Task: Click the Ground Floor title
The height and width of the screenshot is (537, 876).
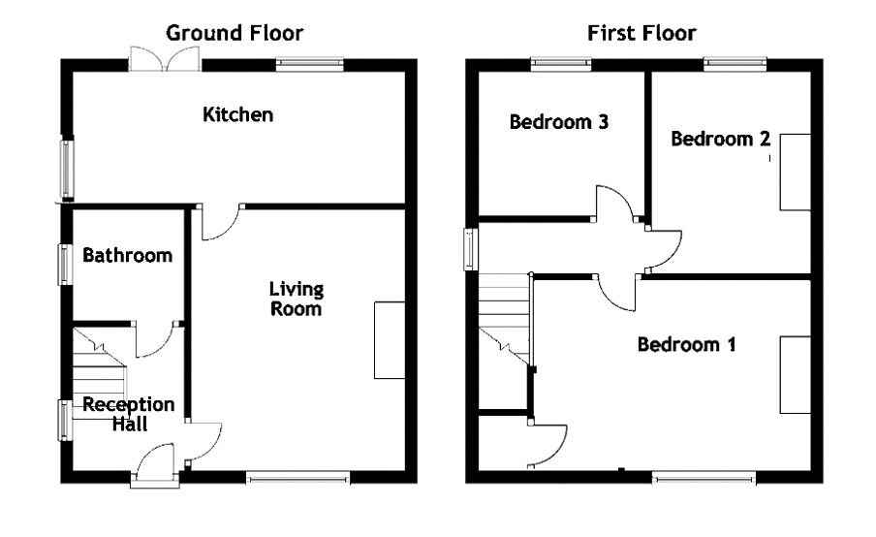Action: coord(235,33)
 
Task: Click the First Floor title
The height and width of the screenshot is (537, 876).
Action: coord(641,33)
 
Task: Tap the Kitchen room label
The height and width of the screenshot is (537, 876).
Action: coord(238,114)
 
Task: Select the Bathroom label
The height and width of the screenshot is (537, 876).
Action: coord(127,255)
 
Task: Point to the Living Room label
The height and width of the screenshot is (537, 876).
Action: coord(297,299)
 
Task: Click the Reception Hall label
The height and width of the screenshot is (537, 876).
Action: coord(129,414)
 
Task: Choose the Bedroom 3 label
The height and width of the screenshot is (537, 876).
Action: coord(559,122)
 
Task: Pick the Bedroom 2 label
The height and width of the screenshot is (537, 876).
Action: coord(721,139)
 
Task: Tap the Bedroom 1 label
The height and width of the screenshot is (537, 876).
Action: coord(687,344)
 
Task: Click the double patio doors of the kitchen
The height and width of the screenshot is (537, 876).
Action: coord(165,59)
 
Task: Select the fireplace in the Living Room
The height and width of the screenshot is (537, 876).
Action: coord(390,340)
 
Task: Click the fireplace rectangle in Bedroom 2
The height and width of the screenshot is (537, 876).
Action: coord(795,173)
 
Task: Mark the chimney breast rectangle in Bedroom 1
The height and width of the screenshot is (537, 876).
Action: coord(795,375)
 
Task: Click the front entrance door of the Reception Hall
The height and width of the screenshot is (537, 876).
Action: coord(155,463)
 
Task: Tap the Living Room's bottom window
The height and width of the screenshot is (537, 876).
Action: coord(297,478)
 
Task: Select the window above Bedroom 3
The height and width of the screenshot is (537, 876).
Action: coord(561,64)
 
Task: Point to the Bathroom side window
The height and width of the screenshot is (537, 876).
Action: coord(66,265)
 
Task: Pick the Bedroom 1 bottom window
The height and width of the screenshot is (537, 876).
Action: coord(704,478)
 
